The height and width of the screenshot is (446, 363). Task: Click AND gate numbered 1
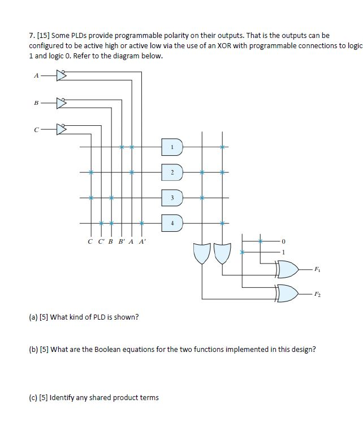[x=172, y=147]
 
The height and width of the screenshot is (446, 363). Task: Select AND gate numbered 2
[x=172, y=171]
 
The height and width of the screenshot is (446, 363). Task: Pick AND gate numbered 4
[x=172, y=222]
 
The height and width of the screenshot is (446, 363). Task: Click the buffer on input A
[x=62, y=74]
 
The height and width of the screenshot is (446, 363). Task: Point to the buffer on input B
[x=62, y=104]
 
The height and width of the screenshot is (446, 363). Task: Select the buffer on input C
[x=62, y=130]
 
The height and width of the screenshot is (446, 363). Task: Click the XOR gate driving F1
[x=288, y=270]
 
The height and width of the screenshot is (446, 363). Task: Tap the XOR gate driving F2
[x=288, y=294]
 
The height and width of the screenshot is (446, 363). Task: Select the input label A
[x=37, y=74]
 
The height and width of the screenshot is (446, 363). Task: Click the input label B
[x=37, y=104]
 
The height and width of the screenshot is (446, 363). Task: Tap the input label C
[x=37, y=130]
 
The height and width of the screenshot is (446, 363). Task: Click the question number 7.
[x=31, y=35]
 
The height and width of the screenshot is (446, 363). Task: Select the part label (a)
[x=33, y=317]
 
